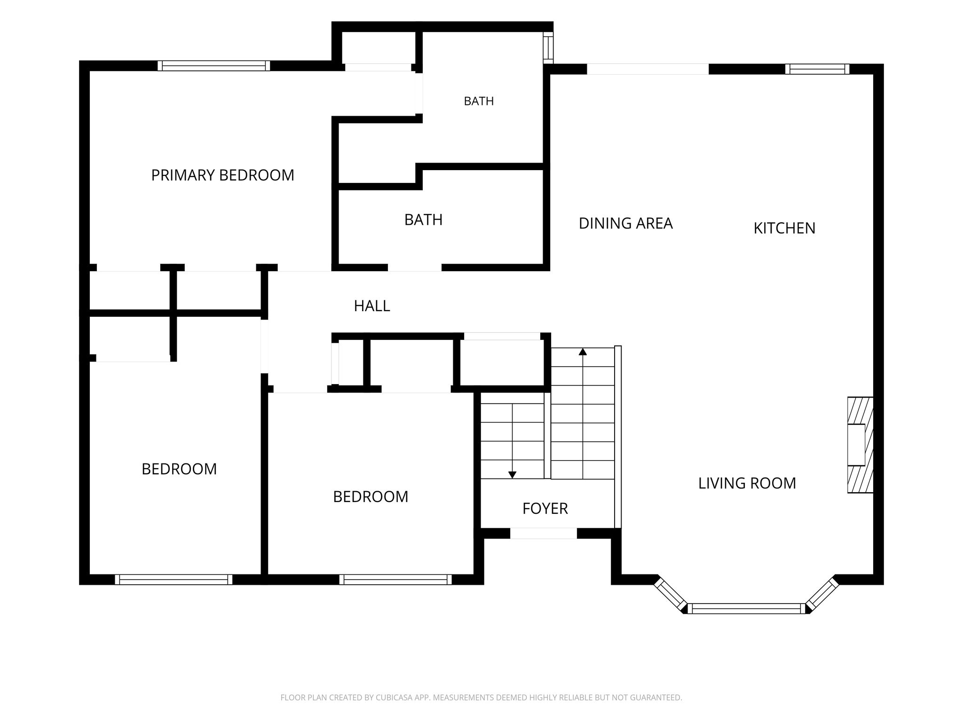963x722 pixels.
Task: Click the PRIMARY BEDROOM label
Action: pos(222,175)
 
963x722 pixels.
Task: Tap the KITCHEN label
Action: pos(784,228)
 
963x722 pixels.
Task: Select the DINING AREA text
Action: pos(625,223)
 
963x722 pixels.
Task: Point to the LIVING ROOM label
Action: pos(747,483)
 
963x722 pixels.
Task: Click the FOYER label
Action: pos(545,509)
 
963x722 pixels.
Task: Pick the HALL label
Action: pos(372,306)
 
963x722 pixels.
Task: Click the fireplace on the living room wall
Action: pos(860,445)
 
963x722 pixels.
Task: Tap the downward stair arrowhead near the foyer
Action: pos(513,475)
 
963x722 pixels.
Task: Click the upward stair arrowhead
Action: pos(583,351)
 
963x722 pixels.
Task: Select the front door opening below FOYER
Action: pos(544,533)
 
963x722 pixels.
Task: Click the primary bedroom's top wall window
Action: pos(214,66)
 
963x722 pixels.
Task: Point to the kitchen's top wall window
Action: pos(817,69)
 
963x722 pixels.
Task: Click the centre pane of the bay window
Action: pos(747,609)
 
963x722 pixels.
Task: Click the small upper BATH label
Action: pos(479,101)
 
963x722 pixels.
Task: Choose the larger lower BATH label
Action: pos(423,220)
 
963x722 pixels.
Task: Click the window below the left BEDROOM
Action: pos(174,580)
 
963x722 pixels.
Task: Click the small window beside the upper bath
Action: pos(548,47)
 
